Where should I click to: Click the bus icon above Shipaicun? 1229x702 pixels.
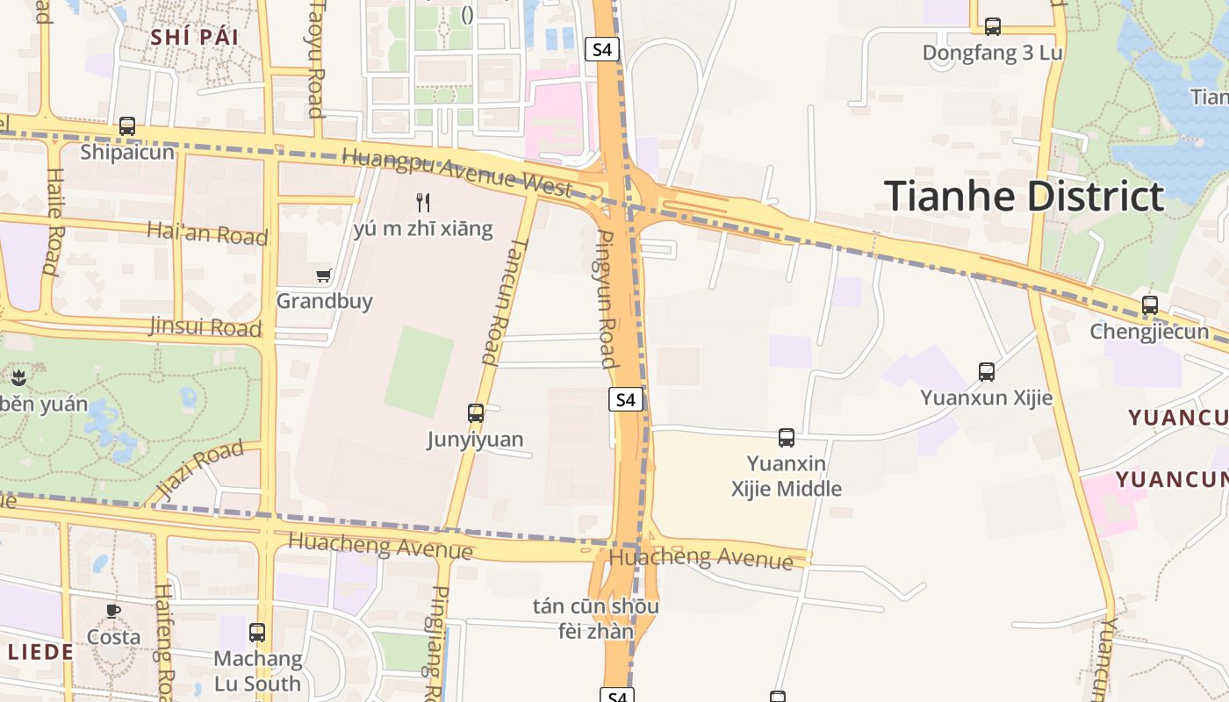pos(127,126)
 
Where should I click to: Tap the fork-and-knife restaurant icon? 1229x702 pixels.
pos(423,203)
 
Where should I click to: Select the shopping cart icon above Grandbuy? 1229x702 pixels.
pos(324,276)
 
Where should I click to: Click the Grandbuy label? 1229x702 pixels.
pos(325,301)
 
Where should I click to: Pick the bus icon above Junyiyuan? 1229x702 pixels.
pos(476,412)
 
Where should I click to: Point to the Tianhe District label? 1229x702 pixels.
pos(1024,196)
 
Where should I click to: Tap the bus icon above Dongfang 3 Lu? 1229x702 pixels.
pos(993,27)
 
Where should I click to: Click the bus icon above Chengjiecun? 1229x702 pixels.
pos(1150,305)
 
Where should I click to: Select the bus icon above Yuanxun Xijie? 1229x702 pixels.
pos(987,372)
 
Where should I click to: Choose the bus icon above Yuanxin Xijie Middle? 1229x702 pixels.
pos(787,437)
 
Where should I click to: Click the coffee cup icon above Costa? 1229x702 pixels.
pos(113,611)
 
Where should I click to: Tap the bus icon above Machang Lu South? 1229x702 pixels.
pos(257,632)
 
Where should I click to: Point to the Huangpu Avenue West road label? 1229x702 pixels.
pos(457,171)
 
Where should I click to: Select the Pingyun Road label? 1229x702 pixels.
pos(607,298)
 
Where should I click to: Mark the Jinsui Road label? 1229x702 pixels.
pos(205,327)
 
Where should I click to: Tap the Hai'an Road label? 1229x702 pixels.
pos(207,233)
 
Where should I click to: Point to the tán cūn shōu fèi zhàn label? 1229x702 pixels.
pos(596,619)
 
